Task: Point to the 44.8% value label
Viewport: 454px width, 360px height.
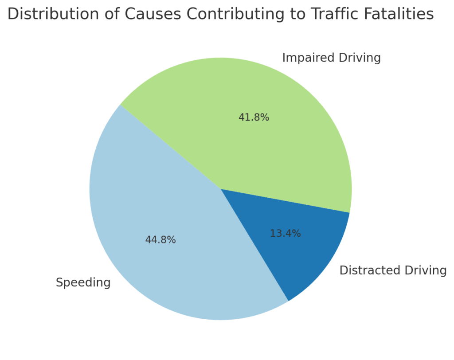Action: click(160, 240)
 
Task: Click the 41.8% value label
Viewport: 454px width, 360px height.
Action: click(254, 117)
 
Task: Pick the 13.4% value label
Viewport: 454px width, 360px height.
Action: click(285, 234)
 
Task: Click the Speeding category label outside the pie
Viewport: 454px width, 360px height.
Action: click(83, 283)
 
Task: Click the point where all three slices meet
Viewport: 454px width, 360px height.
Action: click(220, 189)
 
